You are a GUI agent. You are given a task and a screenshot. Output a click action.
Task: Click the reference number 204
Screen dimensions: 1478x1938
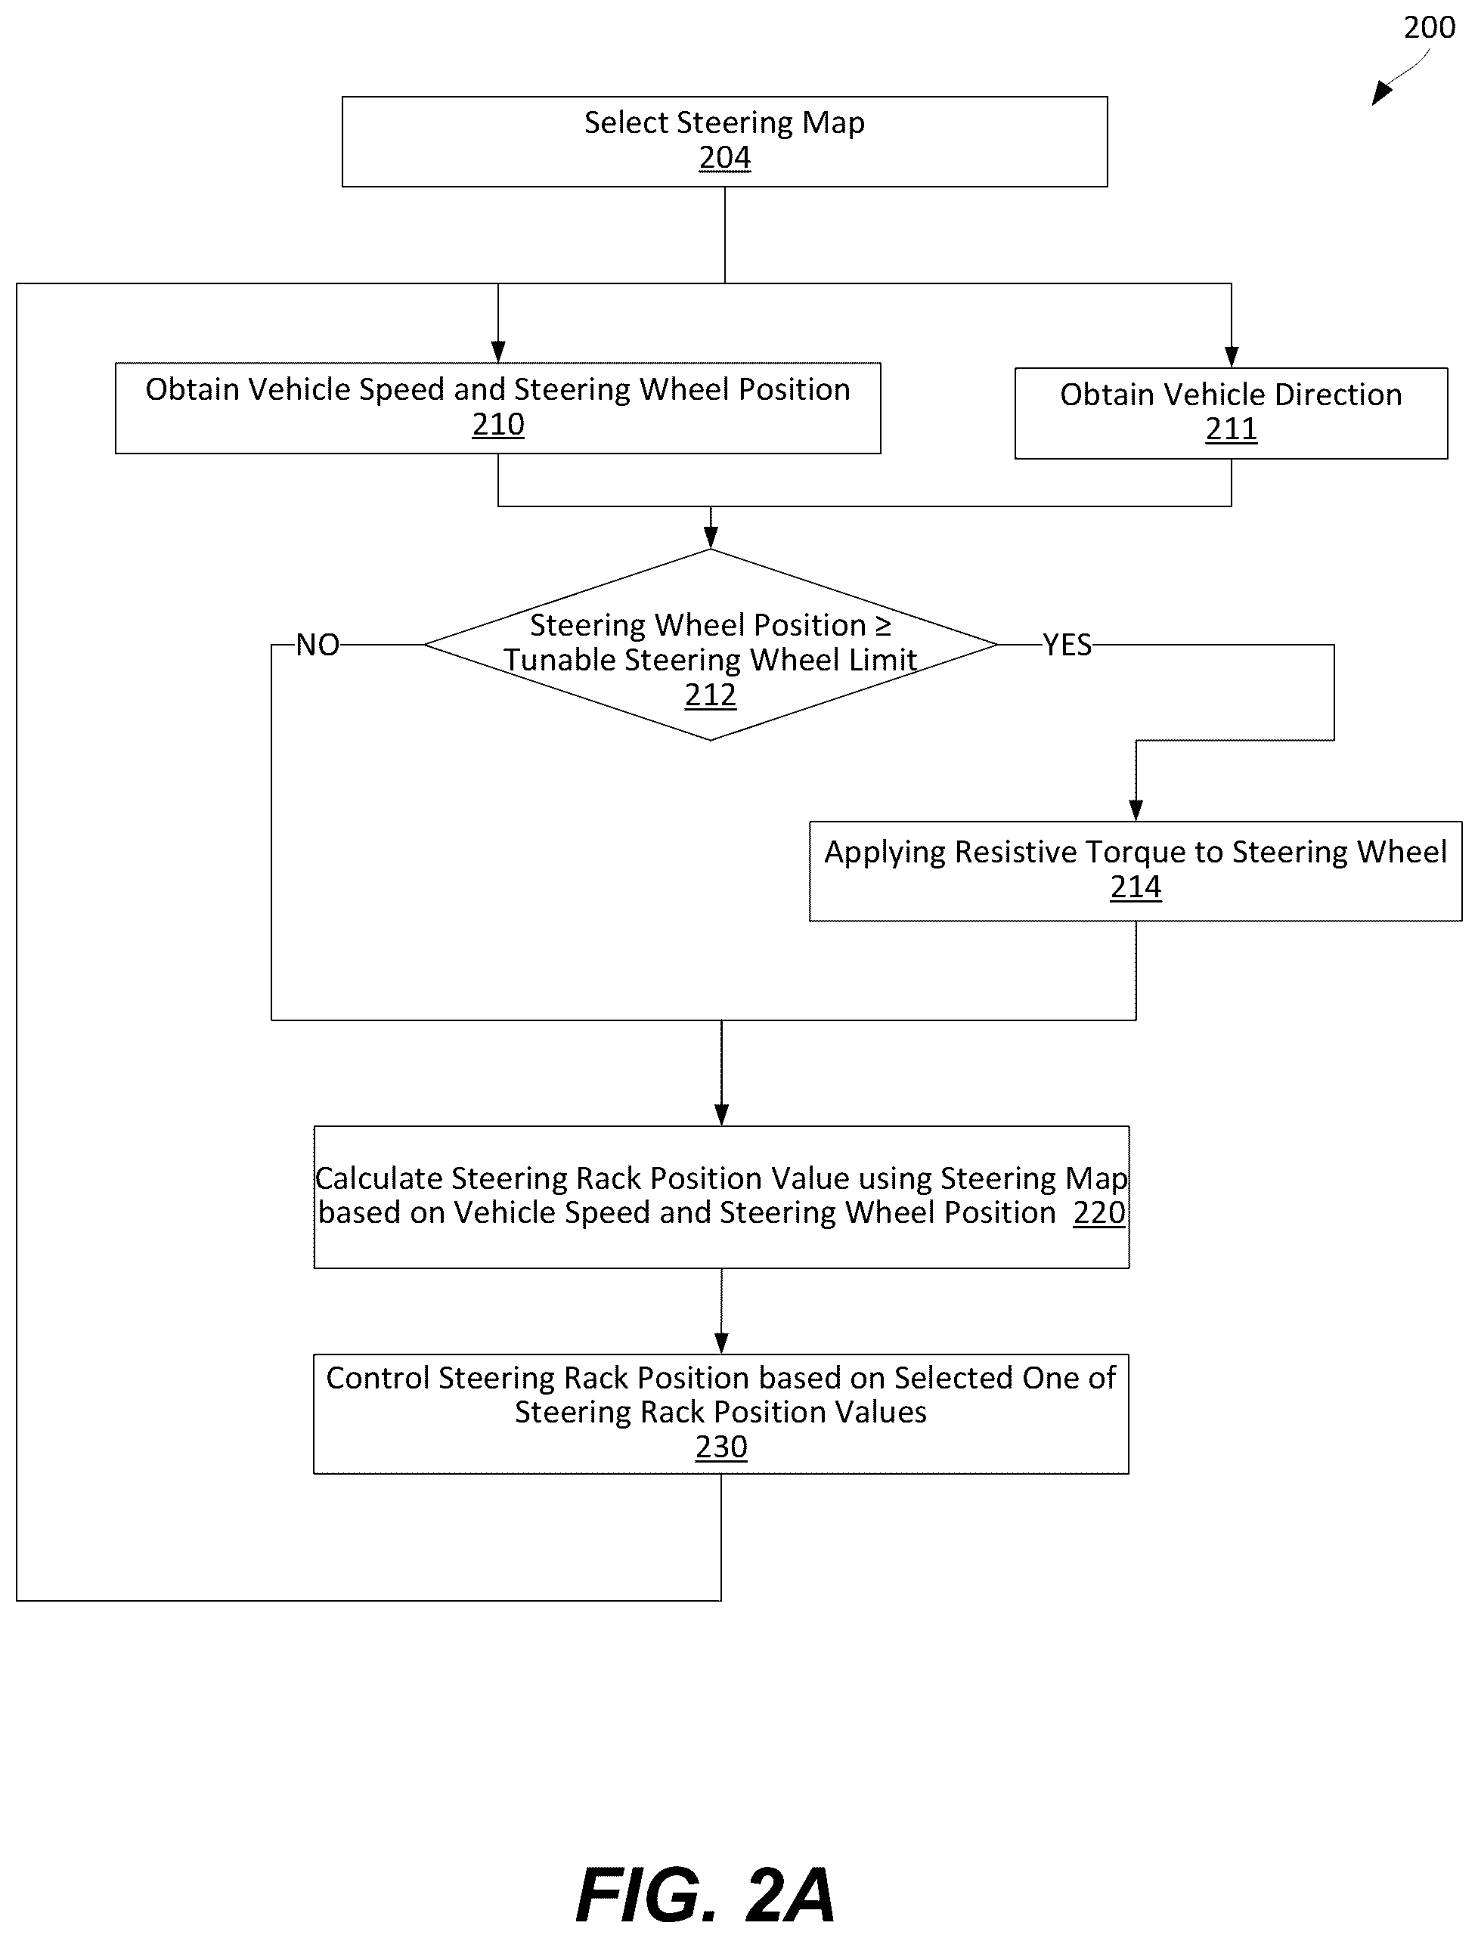click(725, 157)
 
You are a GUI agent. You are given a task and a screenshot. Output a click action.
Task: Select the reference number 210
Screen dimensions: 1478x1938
click(498, 424)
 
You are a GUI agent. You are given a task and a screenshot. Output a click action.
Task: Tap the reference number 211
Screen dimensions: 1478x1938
click(1231, 429)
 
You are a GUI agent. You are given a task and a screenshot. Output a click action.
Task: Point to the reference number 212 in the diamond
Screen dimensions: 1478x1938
click(710, 695)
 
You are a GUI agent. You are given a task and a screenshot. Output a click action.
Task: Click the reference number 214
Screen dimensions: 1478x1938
click(1136, 887)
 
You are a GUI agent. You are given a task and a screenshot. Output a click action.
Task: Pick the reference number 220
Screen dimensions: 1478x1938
click(1098, 1212)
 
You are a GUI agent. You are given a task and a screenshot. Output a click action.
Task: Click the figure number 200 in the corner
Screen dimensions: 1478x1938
click(1430, 27)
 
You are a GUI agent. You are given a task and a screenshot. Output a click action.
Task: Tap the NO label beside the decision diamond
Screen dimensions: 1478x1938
click(318, 645)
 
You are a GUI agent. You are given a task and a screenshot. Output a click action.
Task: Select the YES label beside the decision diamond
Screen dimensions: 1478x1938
click(1067, 645)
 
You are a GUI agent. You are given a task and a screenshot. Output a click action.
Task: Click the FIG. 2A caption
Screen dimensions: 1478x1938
click(705, 1896)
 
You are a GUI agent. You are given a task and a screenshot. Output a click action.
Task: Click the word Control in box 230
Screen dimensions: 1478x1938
click(378, 1378)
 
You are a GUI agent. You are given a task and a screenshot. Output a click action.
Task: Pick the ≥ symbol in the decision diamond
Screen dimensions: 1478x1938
click(882, 626)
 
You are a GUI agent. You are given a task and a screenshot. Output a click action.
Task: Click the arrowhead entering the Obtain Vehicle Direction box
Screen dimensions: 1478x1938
click(1231, 358)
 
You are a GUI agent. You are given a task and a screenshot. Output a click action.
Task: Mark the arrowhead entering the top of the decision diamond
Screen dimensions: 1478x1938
click(711, 538)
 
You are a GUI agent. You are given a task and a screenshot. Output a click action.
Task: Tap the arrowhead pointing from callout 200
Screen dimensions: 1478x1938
click(1382, 93)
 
